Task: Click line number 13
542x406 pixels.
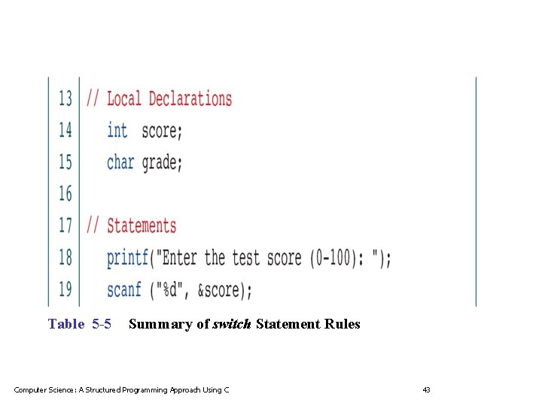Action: [x=66, y=98]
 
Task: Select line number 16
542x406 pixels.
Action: [x=66, y=194]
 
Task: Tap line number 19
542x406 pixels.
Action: [x=66, y=289]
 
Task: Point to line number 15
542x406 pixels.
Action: [x=66, y=162]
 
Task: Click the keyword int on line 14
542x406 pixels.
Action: [x=117, y=130]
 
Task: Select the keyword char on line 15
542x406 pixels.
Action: [x=120, y=162]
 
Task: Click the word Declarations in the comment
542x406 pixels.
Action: [x=190, y=98]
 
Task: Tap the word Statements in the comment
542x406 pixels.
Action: [x=142, y=226]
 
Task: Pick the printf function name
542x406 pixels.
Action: [x=127, y=258]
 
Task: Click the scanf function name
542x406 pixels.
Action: [x=124, y=289]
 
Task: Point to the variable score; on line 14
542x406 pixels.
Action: [x=162, y=131]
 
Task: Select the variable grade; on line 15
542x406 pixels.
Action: [x=162, y=162]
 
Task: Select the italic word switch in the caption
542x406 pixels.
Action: [x=233, y=324]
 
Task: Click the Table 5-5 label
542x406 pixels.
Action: [x=80, y=324]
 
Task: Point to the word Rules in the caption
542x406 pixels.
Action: [x=343, y=324]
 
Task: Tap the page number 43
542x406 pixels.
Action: [x=426, y=389]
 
